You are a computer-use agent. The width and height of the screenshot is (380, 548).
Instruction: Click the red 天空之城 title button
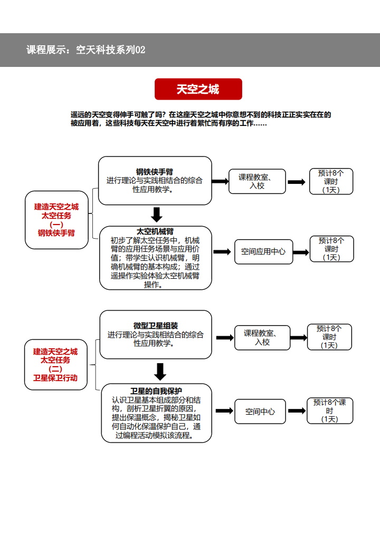pyautogui.click(x=198, y=89)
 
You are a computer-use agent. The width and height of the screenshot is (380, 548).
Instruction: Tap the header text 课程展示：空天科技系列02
pyautogui.click(x=85, y=50)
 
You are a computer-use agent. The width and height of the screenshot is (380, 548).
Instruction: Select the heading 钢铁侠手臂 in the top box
pyautogui.click(x=155, y=172)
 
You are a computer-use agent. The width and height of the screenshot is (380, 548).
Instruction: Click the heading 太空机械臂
pyautogui.click(x=155, y=231)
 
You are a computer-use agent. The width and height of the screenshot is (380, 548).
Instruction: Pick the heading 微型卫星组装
pyautogui.click(x=156, y=326)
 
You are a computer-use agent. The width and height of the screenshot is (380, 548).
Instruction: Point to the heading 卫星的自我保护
pyautogui.click(x=156, y=391)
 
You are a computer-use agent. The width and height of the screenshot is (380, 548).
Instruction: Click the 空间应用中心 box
pyautogui.click(x=263, y=252)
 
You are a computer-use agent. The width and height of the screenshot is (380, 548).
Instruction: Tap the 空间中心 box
pyautogui.click(x=260, y=412)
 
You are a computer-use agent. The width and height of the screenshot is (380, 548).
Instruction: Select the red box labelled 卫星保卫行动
pyautogui.click(x=55, y=365)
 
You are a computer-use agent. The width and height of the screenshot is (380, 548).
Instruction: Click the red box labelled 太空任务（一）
pyautogui.click(x=56, y=220)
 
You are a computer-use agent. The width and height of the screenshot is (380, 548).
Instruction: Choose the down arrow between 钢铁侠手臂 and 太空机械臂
pyautogui.click(x=156, y=214)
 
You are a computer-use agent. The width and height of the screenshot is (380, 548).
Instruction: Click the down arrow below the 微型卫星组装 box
pyautogui.click(x=160, y=371)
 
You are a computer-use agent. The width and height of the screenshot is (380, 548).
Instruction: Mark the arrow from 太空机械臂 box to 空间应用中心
pyautogui.click(x=222, y=252)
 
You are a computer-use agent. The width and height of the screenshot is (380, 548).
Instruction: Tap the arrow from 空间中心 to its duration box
pyautogui.click(x=297, y=410)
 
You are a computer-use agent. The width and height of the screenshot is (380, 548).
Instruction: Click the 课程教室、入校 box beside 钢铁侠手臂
pyautogui.click(x=257, y=181)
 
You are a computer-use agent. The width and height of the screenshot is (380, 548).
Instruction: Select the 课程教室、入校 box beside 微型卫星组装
pyautogui.click(x=262, y=338)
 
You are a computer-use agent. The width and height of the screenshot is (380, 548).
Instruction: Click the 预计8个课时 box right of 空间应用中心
pyautogui.click(x=332, y=249)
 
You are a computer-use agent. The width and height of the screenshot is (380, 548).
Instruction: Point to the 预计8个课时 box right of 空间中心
pyautogui.click(x=330, y=410)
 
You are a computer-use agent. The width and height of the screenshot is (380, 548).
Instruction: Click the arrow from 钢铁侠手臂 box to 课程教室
pyautogui.click(x=220, y=181)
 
